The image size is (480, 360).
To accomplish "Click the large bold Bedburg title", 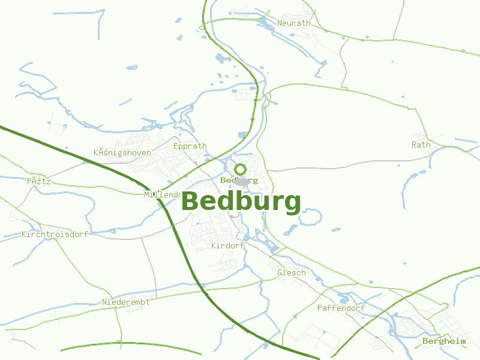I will click(x=241, y=202).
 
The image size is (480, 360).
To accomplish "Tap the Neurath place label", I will click(x=294, y=23).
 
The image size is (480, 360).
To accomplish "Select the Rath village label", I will click(x=421, y=145).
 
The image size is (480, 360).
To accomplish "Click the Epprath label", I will click(x=190, y=146).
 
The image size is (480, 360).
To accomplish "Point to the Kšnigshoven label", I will click(x=122, y=153).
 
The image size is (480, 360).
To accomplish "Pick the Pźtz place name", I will click(x=39, y=181).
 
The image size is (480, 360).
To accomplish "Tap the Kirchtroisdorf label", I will click(x=55, y=234).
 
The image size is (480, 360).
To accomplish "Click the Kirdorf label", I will click(x=227, y=246).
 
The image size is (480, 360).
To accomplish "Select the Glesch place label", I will click(x=292, y=272).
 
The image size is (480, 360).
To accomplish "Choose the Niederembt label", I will click(x=126, y=302).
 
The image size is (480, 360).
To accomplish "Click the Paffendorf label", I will click(x=341, y=308).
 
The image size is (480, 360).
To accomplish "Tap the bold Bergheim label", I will click(x=444, y=341).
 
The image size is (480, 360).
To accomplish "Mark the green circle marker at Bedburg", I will click(x=241, y=169).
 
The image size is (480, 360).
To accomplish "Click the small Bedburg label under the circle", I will click(x=239, y=180).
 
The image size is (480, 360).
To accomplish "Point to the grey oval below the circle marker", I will click(x=242, y=182).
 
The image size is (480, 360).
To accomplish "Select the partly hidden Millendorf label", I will click(x=162, y=194).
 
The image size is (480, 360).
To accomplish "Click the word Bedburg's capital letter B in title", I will click(x=191, y=202).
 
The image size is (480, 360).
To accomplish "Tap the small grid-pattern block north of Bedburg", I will click(x=245, y=94).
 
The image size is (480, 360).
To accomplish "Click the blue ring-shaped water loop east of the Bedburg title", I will click(x=312, y=217).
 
